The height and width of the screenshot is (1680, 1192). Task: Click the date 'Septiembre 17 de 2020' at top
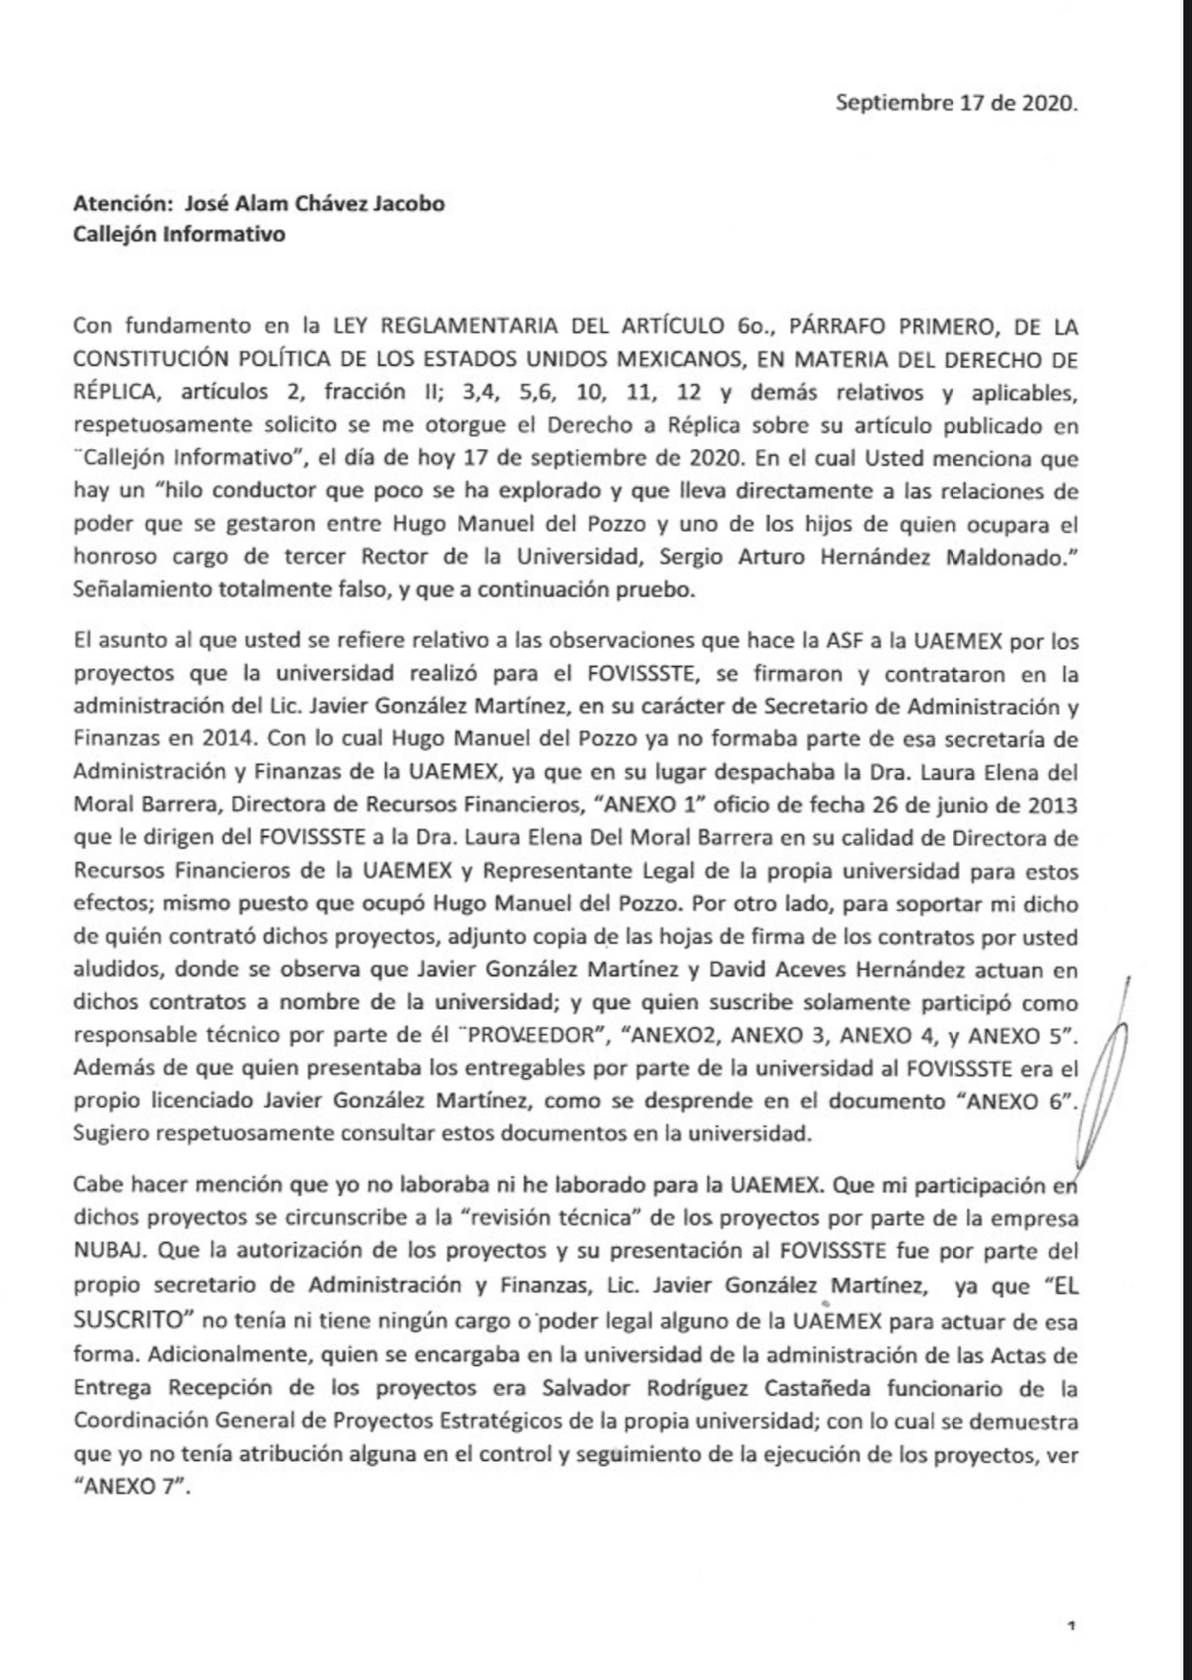tap(956, 103)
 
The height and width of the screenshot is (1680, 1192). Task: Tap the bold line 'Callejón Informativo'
tap(179, 234)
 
